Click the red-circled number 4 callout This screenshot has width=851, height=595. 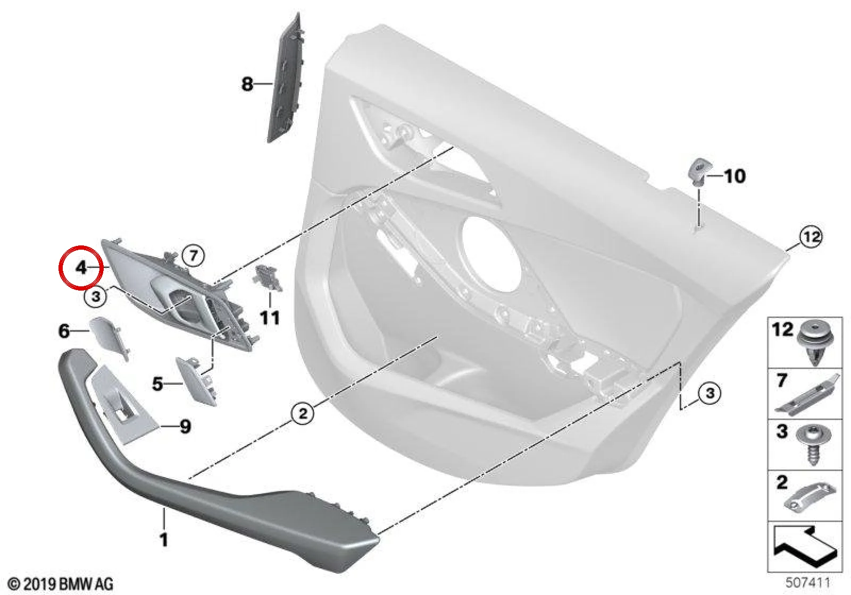(x=81, y=268)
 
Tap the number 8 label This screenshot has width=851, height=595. (x=247, y=84)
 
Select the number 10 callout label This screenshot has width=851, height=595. (x=735, y=176)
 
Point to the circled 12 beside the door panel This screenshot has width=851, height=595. (x=812, y=237)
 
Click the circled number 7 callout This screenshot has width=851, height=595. (x=194, y=256)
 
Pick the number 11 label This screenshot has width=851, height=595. (x=269, y=318)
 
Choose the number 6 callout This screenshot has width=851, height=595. (x=64, y=331)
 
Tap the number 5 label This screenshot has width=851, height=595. (x=157, y=384)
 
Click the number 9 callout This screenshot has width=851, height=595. (x=185, y=427)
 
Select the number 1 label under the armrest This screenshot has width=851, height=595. (x=164, y=540)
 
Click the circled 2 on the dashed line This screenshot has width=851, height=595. (x=303, y=413)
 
